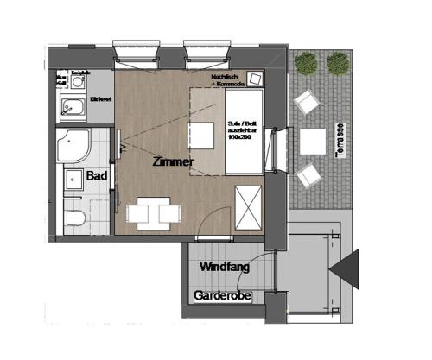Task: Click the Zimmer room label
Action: pyautogui.click(x=172, y=161)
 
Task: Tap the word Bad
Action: pyautogui.click(x=97, y=175)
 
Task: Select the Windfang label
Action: pyautogui.click(x=225, y=268)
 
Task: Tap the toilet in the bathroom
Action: pyautogui.click(x=73, y=217)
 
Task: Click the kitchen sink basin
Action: pyautogui.click(x=68, y=109)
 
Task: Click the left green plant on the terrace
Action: pyautogui.click(x=304, y=63)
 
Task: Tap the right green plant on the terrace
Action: pyautogui.click(x=334, y=63)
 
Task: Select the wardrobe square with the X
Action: pyautogui.click(x=247, y=207)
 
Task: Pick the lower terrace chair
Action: pyautogui.click(x=308, y=176)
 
